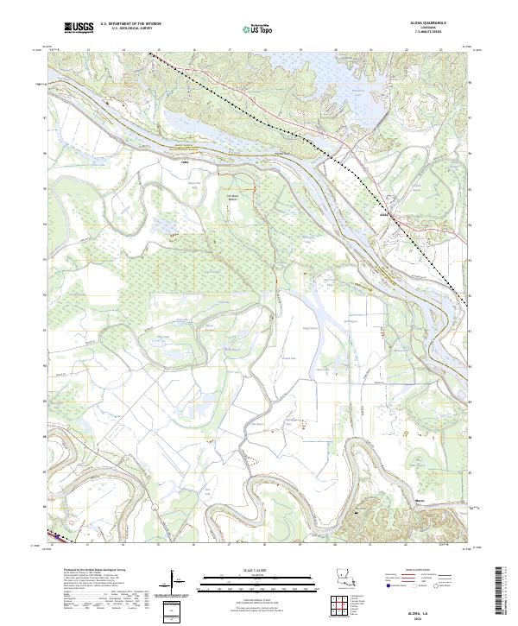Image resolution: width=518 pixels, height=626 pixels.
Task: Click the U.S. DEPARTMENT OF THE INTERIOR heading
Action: pyautogui.click(x=130, y=25)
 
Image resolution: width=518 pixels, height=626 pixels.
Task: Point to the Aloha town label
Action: pyautogui.click(x=386, y=215)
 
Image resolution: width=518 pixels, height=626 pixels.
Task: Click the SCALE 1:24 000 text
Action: pyautogui.click(x=245, y=569)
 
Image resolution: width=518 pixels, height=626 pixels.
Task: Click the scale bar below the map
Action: pyautogui.click(x=245, y=580)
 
